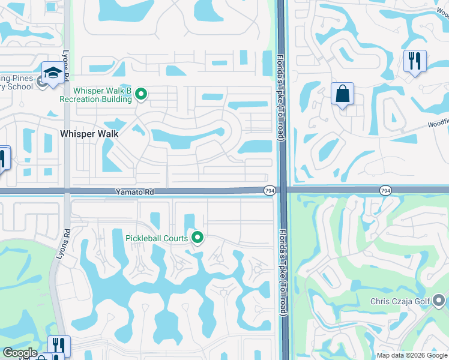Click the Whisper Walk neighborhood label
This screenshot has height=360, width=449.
coord(89,134)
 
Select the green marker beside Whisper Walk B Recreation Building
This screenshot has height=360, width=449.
coord(141,94)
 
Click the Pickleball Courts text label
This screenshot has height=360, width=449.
coord(156,238)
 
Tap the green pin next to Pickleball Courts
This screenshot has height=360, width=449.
coord(197,238)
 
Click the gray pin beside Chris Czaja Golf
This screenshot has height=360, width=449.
coord(439,299)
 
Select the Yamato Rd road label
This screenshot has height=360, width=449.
coord(135,192)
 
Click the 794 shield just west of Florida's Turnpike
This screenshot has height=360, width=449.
coord(269,190)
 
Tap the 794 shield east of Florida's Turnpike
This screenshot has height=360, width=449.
coord(385,190)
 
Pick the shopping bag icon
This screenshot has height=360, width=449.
coord(342,94)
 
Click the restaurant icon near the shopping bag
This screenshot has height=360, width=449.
coord(415,61)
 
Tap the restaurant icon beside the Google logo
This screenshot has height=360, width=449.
coord(59,345)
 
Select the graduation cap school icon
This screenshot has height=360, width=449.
coord(52,73)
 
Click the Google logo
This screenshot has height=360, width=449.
coord(19,353)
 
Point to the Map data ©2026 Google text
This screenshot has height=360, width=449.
coord(412,355)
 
